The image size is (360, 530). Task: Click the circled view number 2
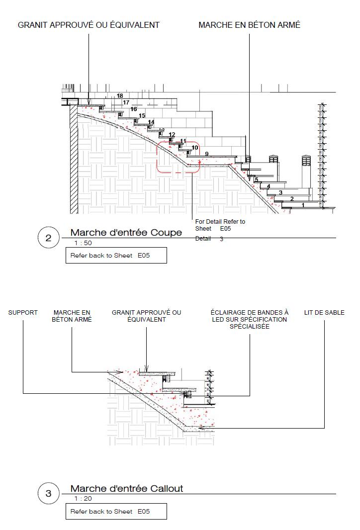point(48,238)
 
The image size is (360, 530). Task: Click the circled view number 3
point(48,494)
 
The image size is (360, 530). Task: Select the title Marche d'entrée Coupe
point(126,233)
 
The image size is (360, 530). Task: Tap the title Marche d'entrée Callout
point(126,489)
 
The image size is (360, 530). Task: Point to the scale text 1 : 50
point(83,243)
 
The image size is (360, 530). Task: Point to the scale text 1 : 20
point(83,499)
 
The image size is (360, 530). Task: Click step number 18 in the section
point(120,96)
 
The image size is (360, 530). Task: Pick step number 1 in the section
point(303,205)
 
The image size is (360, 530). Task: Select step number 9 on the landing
point(206,154)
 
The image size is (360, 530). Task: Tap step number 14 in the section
point(151,122)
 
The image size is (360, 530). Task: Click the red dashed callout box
point(179,157)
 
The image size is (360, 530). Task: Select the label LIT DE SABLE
point(324,313)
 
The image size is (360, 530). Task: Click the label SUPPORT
point(23,313)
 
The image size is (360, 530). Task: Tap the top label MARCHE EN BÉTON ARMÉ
point(249,25)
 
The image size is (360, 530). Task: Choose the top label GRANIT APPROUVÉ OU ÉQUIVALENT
point(89,25)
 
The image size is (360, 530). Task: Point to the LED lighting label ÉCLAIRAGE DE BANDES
point(249,319)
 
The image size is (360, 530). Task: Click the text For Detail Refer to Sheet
point(220,225)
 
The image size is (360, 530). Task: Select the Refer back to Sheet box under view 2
point(116,256)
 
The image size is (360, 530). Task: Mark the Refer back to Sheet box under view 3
point(116,512)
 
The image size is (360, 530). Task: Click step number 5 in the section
point(257,179)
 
